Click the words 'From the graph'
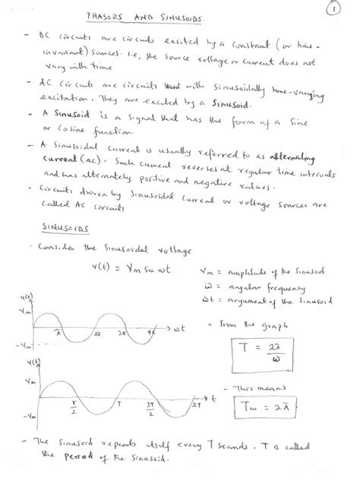(248, 327)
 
